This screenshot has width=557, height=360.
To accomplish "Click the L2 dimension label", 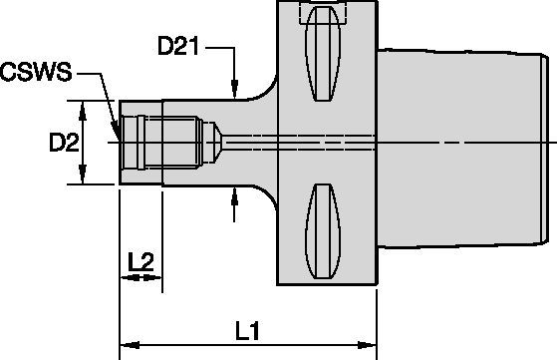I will (x=141, y=262).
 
